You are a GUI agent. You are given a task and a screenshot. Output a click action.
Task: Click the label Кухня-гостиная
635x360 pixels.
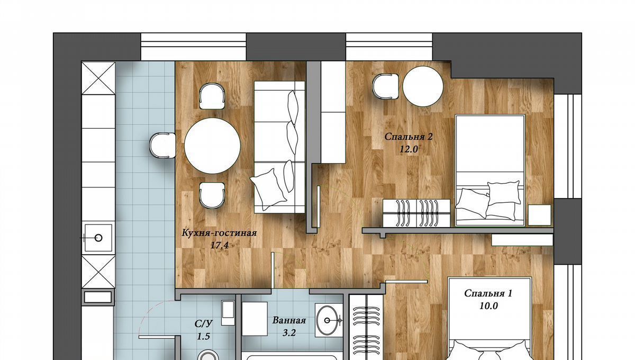pyautogui.click(x=219, y=233)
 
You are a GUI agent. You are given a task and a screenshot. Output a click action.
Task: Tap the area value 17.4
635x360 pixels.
pyautogui.click(x=219, y=245)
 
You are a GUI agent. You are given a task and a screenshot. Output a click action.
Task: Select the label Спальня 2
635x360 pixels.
pyautogui.click(x=409, y=137)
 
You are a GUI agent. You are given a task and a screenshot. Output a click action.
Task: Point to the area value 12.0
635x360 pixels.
pyautogui.click(x=409, y=149)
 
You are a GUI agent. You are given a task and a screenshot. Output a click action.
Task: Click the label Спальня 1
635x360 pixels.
pyautogui.click(x=488, y=293)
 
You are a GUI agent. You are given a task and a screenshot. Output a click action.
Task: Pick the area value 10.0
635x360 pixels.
pyautogui.click(x=488, y=306)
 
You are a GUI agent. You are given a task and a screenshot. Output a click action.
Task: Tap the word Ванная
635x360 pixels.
pyautogui.click(x=289, y=320)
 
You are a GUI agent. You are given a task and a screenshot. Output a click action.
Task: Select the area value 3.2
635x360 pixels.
pyautogui.click(x=289, y=332)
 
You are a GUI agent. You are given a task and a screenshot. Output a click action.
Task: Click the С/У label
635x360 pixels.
pyautogui.click(x=204, y=323)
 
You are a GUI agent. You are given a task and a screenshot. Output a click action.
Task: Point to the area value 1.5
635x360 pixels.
pyautogui.click(x=203, y=337)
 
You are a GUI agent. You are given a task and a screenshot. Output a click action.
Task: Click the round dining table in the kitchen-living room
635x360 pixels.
pyautogui.click(x=212, y=146)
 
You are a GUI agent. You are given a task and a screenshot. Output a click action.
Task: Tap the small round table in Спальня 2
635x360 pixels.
pyautogui.click(x=423, y=86)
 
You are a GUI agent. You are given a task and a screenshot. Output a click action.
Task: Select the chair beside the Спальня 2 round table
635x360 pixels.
pyautogui.click(x=386, y=86)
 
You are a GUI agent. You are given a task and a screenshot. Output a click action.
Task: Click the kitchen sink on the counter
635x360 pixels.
pyautogui.click(x=98, y=238)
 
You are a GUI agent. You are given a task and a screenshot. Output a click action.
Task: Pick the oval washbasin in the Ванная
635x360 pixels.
pyautogui.click(x=328, y=320)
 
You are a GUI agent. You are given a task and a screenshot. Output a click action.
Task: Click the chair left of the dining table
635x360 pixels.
pyautogui.click(x=162, y=146)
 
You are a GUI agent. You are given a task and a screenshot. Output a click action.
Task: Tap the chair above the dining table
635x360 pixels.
pyautogui.click(x=212, y=96)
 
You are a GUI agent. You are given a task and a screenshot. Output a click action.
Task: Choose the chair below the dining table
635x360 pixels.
pyautogui.click(x=212, y=195)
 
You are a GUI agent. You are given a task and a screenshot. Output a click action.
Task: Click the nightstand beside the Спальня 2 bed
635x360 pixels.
pyautogui.click(x=539, y=215)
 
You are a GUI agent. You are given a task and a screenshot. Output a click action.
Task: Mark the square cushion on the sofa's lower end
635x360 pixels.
pyautogui.click(x=268, y=189)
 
